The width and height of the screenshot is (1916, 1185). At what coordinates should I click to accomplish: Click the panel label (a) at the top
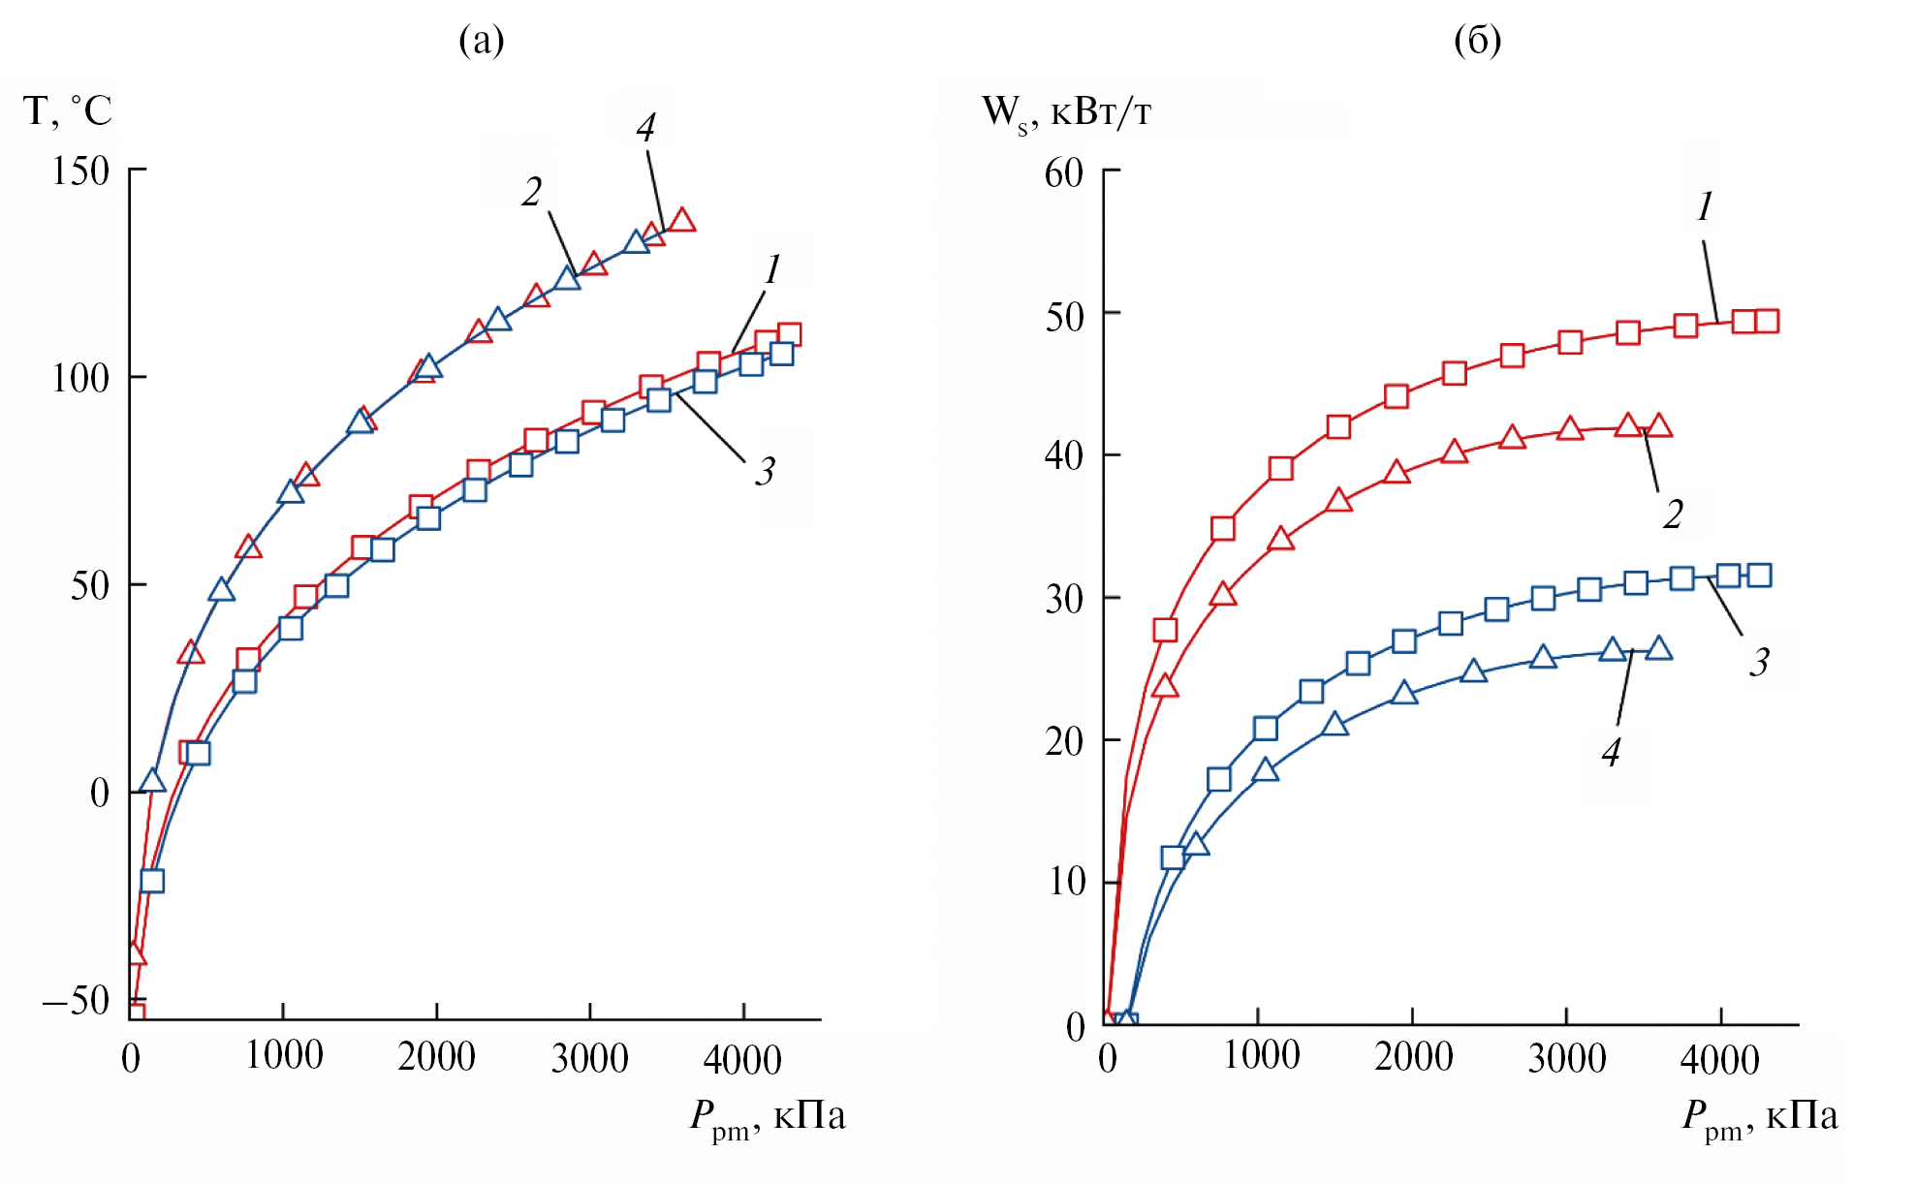[x=482, y=41]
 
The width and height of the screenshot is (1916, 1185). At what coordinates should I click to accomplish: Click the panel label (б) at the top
[x=1477, y=41]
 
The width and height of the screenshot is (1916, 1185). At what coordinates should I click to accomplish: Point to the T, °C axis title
[x=67, y=110]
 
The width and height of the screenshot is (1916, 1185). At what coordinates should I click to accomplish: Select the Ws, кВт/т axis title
[x=1066, y=112]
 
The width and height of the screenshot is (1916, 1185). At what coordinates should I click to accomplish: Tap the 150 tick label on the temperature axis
[x=80, y=172]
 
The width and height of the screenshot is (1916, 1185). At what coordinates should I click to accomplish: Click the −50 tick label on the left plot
[x=76, y=1000]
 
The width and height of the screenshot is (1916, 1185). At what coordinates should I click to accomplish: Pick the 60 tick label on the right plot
[x=1063, y=173]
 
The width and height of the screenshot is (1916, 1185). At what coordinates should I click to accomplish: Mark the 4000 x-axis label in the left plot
[x=742, y=1059]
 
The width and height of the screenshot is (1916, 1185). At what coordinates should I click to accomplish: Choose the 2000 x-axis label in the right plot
[x=1413, y=1056]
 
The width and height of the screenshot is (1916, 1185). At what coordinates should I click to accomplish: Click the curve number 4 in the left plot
[x=646, y=128]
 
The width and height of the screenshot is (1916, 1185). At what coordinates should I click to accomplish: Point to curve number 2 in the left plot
[x=531, y=192]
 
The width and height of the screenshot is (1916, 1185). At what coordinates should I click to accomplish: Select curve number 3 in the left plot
[x=765, y=472]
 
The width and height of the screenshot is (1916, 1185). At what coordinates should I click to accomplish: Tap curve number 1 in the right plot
[x=1705, y=206]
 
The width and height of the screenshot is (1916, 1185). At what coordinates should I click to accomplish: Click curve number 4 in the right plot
[x=1611, y=752]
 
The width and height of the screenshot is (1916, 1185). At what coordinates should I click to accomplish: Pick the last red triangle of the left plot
[x=682, y=220]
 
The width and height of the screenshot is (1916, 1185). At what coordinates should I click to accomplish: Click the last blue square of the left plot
[x=781, y=354]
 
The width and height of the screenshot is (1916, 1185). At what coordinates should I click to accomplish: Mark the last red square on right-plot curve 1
[x=1766, y=322]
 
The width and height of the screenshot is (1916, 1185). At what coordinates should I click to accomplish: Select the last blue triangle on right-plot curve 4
[x=1658, y=648]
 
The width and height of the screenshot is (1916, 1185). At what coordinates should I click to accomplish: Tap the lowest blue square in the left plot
[x=152, y=881]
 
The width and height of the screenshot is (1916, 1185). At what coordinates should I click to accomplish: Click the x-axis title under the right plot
[x=1759, y=1116]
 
